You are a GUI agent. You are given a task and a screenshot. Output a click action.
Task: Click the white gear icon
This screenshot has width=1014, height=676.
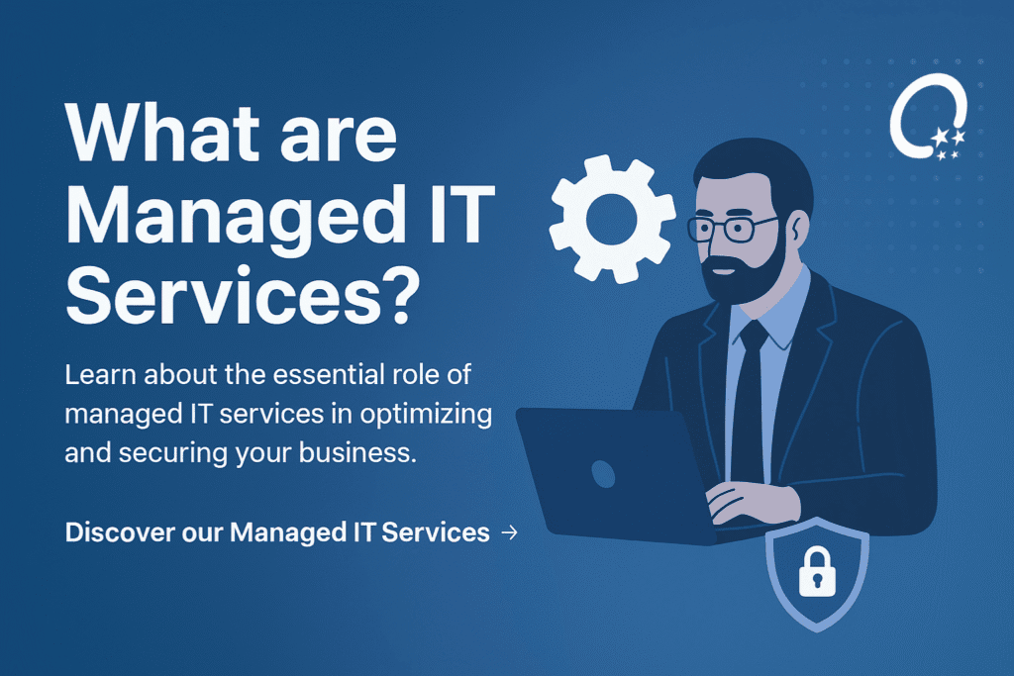pyautogui.click(x=612, y=219)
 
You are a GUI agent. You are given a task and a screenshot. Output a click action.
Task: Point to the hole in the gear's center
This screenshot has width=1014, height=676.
pyautogui.click(x=611, y=220)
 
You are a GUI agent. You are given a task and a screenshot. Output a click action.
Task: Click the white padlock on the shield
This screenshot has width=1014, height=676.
pyautogui.click(x=817, y=572)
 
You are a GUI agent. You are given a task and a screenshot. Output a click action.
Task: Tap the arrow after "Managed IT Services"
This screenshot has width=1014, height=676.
pyautogui.click(x=510, y=532)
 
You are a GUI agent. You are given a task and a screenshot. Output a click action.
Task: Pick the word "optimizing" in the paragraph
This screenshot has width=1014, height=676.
pyautogui.click(x=426, y=415)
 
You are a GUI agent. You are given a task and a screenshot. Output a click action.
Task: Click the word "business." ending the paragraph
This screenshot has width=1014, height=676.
pyautogui.click(x=356, y=452)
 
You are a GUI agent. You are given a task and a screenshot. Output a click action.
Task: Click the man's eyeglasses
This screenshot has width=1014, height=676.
pyautogui.click(x=730, y=228)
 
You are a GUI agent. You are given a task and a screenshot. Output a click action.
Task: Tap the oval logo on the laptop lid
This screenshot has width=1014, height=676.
pyautogui.click(x=603, y=474)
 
